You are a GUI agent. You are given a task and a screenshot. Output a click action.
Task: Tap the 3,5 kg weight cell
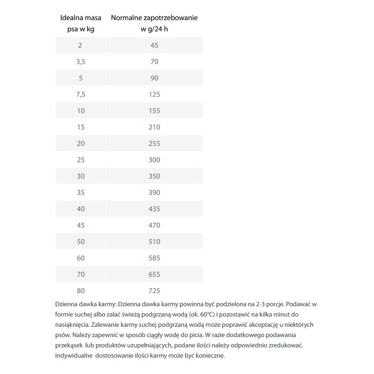(x=80, y=62)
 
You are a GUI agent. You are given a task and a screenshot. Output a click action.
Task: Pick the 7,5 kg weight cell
(x=80, y=94)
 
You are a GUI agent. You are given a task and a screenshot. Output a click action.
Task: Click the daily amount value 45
(x=154, y=45)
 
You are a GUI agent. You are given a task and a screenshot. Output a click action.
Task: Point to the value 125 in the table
(x=154, y=94)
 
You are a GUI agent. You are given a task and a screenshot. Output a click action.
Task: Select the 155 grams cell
(x=154, y=111)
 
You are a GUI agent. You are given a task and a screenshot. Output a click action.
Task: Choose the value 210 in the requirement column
(x=154, y=127)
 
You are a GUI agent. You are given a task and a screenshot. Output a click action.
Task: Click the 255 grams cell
(x=154, y=144)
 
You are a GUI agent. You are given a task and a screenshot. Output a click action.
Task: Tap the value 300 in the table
(x=154, y=160)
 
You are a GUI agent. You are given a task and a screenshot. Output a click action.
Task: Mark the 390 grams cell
(x=154, y=193)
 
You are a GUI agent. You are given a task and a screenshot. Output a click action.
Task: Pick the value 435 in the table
(x=154, y=209)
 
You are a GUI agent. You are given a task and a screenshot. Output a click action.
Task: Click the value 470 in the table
(x=154, y=225)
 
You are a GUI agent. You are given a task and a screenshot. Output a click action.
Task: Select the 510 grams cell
(x=154, y=242)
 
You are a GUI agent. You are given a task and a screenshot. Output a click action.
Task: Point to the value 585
(x=154, y=258)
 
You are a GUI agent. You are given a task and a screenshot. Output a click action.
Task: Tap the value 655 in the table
(x=154, y=274)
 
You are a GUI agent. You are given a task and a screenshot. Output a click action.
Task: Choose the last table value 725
(x=154, y=291)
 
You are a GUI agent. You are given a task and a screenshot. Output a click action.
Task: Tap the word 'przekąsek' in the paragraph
(x=69, y=345)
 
